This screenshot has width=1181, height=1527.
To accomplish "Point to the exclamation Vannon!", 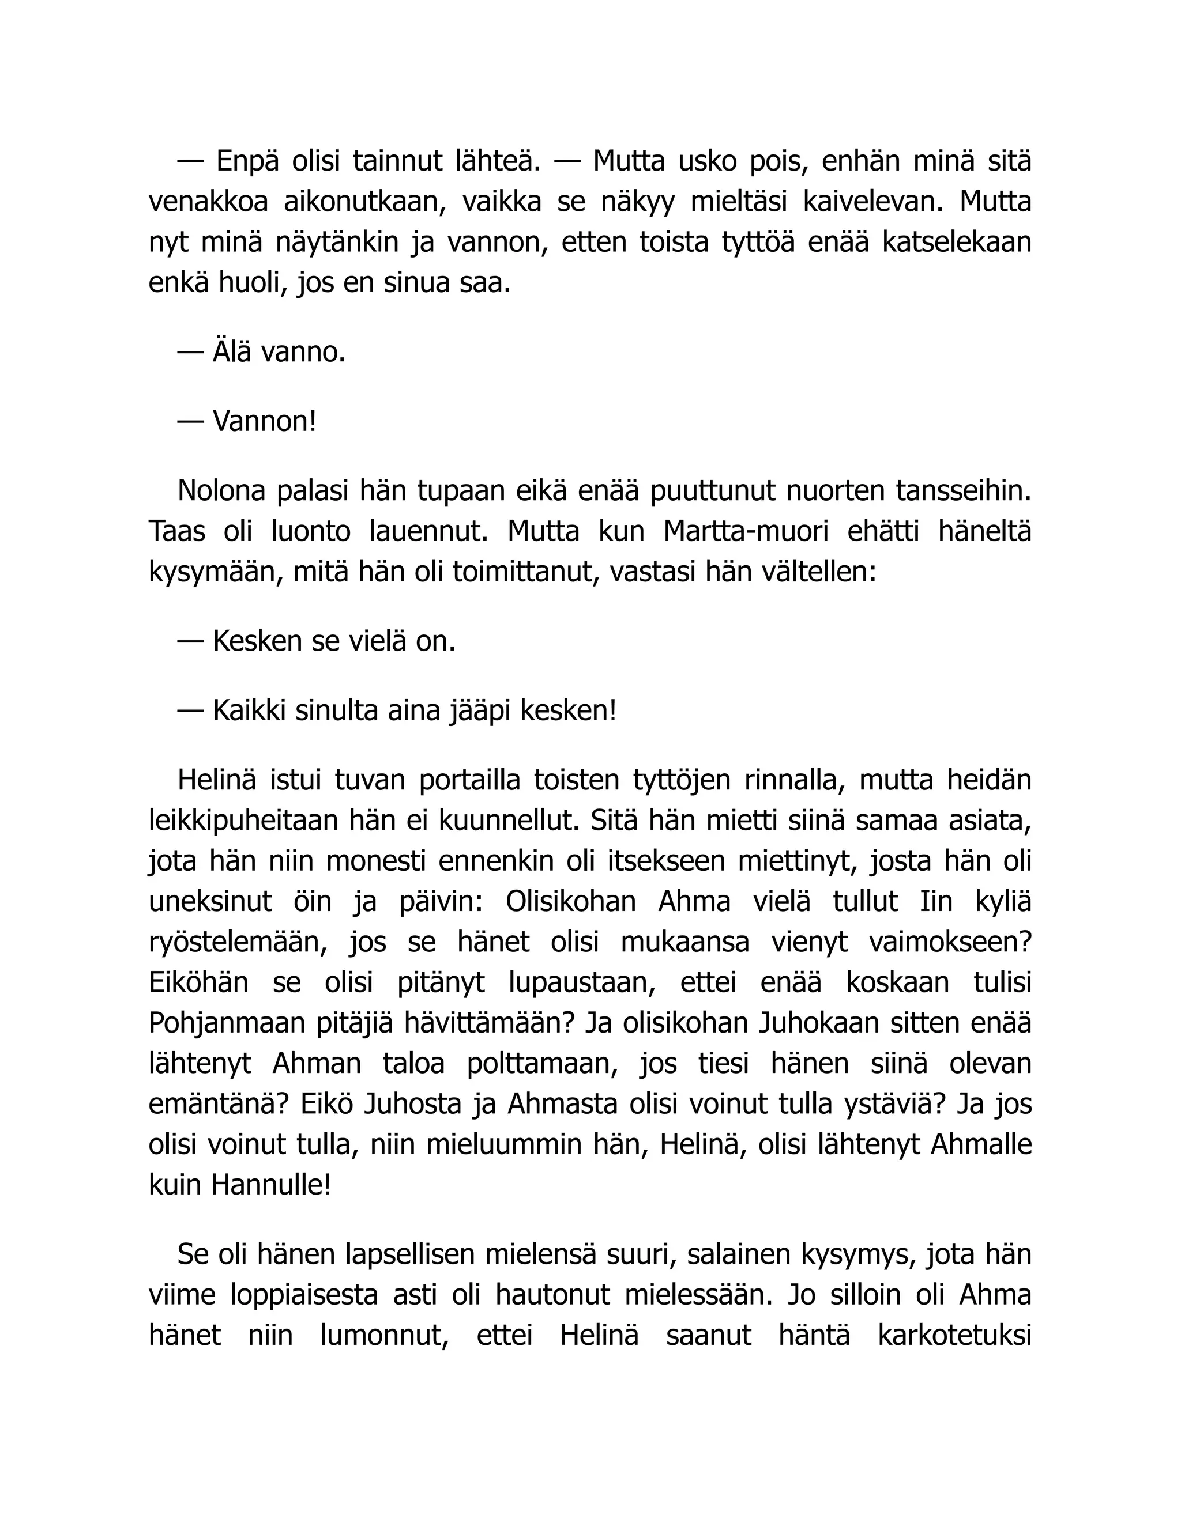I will (265, 422).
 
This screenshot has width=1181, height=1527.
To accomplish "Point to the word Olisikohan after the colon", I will (570, 902).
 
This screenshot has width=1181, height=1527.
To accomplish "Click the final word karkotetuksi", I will (954, 1336).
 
